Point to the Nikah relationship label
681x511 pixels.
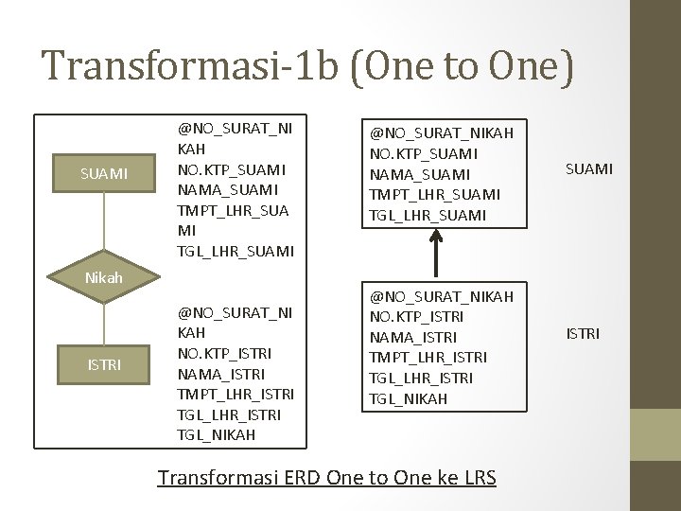(103, 279)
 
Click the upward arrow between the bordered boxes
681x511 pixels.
(436, 255)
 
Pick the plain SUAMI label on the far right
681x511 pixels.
(589, 168)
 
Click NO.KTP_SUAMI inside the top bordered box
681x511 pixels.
(424, 152)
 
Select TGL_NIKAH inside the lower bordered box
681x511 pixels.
(409, 398)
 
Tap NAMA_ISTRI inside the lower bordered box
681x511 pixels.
(413, 336)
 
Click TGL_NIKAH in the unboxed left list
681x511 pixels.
(217, 434)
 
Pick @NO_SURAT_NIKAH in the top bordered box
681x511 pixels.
(441, 132)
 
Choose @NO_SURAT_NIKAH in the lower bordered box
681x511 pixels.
(441, 295)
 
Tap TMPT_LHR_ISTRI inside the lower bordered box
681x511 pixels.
(428, 357)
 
